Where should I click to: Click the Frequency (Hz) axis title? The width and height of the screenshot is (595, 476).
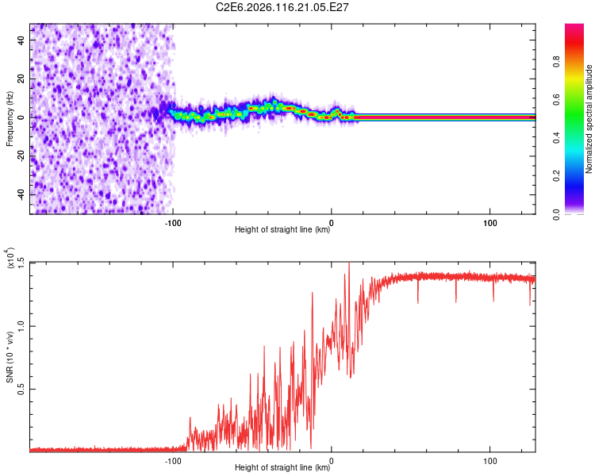(10, 118)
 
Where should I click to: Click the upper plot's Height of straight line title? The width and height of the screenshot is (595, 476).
(282, 230)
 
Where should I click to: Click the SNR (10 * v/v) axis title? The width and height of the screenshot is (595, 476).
(10, 356)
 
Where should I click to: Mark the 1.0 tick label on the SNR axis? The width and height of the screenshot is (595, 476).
(21, 325)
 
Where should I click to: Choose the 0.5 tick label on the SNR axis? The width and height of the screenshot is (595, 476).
(21, 388)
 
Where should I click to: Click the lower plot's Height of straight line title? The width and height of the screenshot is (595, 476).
(282, 468)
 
